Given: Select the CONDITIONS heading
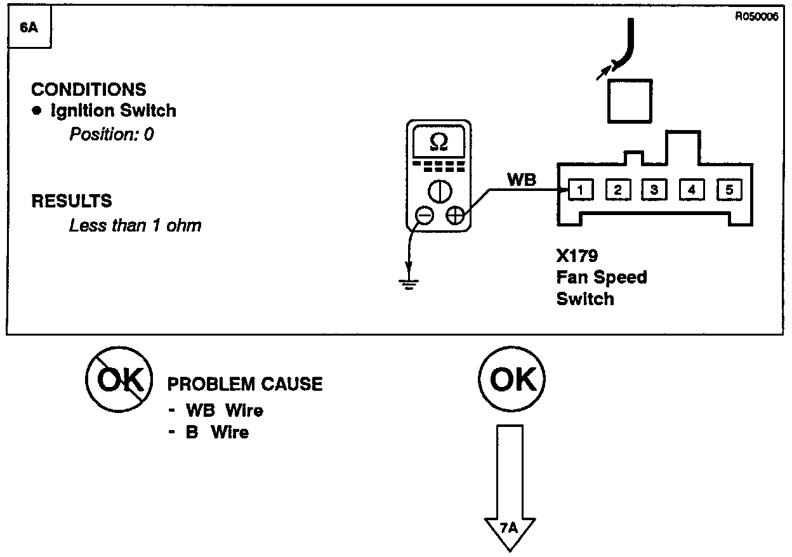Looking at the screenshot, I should point(88,89).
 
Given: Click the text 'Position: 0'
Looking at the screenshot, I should point(112,134).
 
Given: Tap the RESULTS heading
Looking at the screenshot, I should point(72,201).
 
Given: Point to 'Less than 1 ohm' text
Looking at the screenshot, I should point(135,225).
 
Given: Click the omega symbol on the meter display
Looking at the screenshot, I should point(439,143).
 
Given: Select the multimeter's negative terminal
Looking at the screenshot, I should point(425,216).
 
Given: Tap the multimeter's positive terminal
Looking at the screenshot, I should point(454,216).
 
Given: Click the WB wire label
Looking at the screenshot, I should point(522,180).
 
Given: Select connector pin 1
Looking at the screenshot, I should point(580,189).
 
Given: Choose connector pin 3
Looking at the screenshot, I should point(654,189).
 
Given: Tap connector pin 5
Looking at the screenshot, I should point(729,189).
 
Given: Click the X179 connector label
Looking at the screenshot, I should point(577,256).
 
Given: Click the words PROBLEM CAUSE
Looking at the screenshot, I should point(244,384).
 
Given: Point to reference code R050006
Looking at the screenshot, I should point(756,17).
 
